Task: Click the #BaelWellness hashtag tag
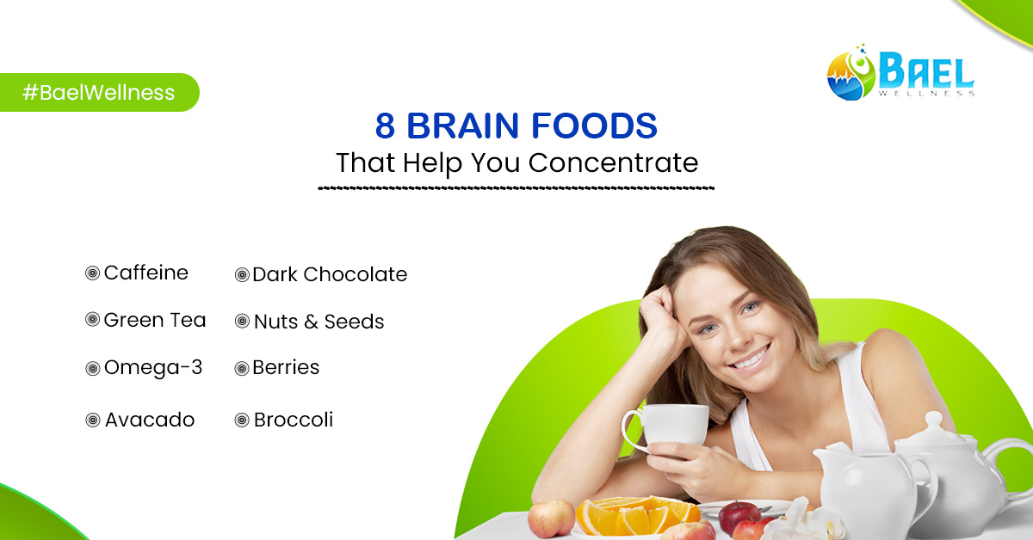click(98, 93)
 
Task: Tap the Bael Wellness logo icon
click(851, 73)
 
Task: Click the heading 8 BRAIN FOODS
click(516, 126)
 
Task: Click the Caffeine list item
click(145, 273)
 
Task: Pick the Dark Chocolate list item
click(330, 275)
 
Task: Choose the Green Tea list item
click(155, 321)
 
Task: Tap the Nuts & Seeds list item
click(319, 322)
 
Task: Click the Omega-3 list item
click(153, 368)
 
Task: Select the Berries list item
click(286, 368)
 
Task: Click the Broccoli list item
click(293, 420)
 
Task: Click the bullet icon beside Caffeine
click(92, 274)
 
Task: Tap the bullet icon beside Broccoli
click(242, 420)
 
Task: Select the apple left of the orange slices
click(551, 518)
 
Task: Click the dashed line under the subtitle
click(516, 187)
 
